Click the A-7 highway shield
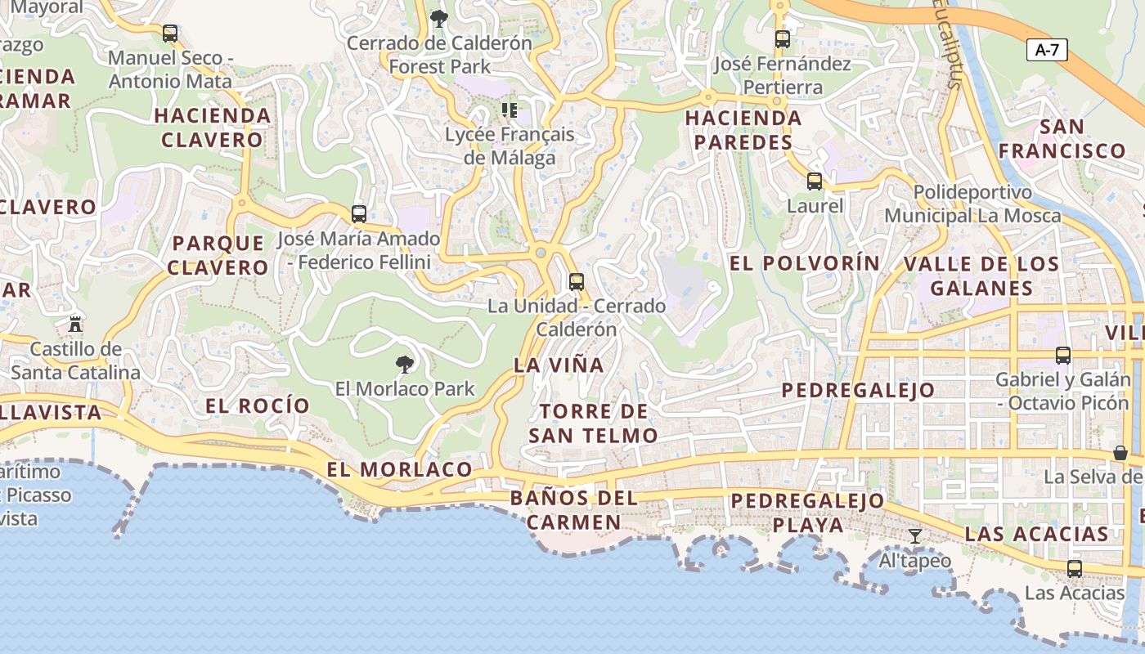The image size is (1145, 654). (x=1047, y=50)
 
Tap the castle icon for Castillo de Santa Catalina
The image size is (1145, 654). (x=75, y=324)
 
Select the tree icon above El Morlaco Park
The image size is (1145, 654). (x=404, y=364)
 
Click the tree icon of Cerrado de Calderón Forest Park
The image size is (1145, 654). (x=439, y=18)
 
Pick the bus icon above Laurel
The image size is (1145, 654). (x=815, y=181)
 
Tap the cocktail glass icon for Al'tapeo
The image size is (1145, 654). (x=915, y=536)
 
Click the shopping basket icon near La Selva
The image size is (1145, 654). (x=1120, y=453)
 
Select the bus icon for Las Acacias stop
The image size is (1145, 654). (x=1075, y=568)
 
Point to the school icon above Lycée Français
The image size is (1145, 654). (x=510, y=110)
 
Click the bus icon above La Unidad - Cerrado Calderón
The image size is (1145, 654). (x=577, y=282)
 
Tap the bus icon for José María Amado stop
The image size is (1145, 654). (x=359, y=214)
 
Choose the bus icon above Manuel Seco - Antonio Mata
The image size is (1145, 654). (x=170, y=34)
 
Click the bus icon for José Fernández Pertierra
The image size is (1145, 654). (x=783, y=39)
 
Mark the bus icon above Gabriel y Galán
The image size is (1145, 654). (x=1063, y=356)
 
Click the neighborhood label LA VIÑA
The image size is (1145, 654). (x=559, y=365)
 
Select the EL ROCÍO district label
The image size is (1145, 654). (x=258, y=405)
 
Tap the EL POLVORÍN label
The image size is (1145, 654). (x=805, y=263)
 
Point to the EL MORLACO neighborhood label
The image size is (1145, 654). (x=399, y=469)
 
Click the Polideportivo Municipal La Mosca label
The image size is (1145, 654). (x=972, y=204)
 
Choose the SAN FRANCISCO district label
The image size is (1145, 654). (x=1062, y=139)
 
